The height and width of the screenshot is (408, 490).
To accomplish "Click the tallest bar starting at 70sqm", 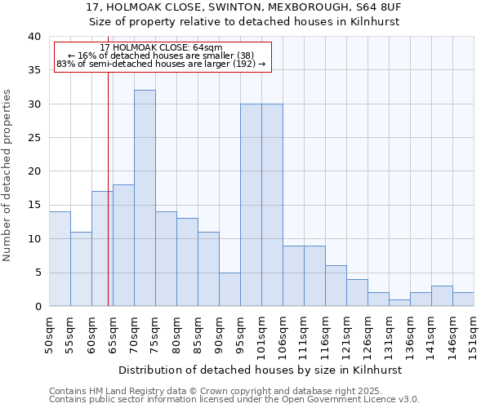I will (x=145, y=198).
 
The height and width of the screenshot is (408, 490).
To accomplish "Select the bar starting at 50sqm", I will (x=60, y=259).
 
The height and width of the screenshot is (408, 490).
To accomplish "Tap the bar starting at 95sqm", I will (x=251, y=205).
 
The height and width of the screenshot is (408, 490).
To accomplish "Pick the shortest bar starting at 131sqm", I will (x=399, y=303).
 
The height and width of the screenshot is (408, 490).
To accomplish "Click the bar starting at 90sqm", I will (x=229, y=289).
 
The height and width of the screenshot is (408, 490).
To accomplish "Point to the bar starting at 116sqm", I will (x=336, y=286).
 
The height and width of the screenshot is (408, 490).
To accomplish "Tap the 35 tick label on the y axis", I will (x=33, y=70).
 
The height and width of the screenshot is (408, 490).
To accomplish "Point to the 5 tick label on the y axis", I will (x=37, y=273).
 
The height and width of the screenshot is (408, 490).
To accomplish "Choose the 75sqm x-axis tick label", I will (x=155, y=333).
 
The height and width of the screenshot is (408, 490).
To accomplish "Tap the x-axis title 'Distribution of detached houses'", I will (x=265, y=370).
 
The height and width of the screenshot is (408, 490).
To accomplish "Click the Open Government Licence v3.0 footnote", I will (x=234, y=400).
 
